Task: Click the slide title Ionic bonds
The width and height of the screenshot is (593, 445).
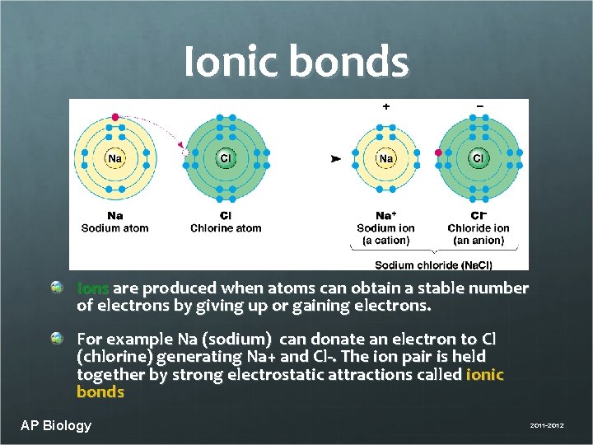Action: tap(296, 62)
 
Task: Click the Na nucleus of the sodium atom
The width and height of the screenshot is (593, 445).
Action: tap(115, 158)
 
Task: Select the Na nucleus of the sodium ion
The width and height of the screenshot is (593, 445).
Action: tap(385, 158)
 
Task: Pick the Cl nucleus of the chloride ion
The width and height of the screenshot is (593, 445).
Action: tap(479, 158)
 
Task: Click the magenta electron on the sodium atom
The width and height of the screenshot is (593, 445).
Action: tap(115, 117)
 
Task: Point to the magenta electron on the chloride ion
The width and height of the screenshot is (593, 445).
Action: tap(439, 152)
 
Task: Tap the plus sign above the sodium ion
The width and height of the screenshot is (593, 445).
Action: tap(385, 106)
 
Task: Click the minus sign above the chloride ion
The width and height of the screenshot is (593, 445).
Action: tap(479, 106)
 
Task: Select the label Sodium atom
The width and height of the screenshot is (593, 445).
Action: tap(114, 228)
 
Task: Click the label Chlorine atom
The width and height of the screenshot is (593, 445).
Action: tap(226, 228)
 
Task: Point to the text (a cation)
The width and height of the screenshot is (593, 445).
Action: tap(385, 241)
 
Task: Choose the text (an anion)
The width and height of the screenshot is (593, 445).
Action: tap(479, 241)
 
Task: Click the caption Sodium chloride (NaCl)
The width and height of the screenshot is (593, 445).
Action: tap(433, 265)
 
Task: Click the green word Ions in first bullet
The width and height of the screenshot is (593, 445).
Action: tap(93, 288)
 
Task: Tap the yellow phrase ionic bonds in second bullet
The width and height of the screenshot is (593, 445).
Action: tap(485, 375)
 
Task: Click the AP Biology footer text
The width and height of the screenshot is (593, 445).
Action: tap(56, 425)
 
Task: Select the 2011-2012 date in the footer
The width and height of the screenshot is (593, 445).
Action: tap(547, 426)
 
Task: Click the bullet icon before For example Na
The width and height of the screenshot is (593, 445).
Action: tap(57, 339)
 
